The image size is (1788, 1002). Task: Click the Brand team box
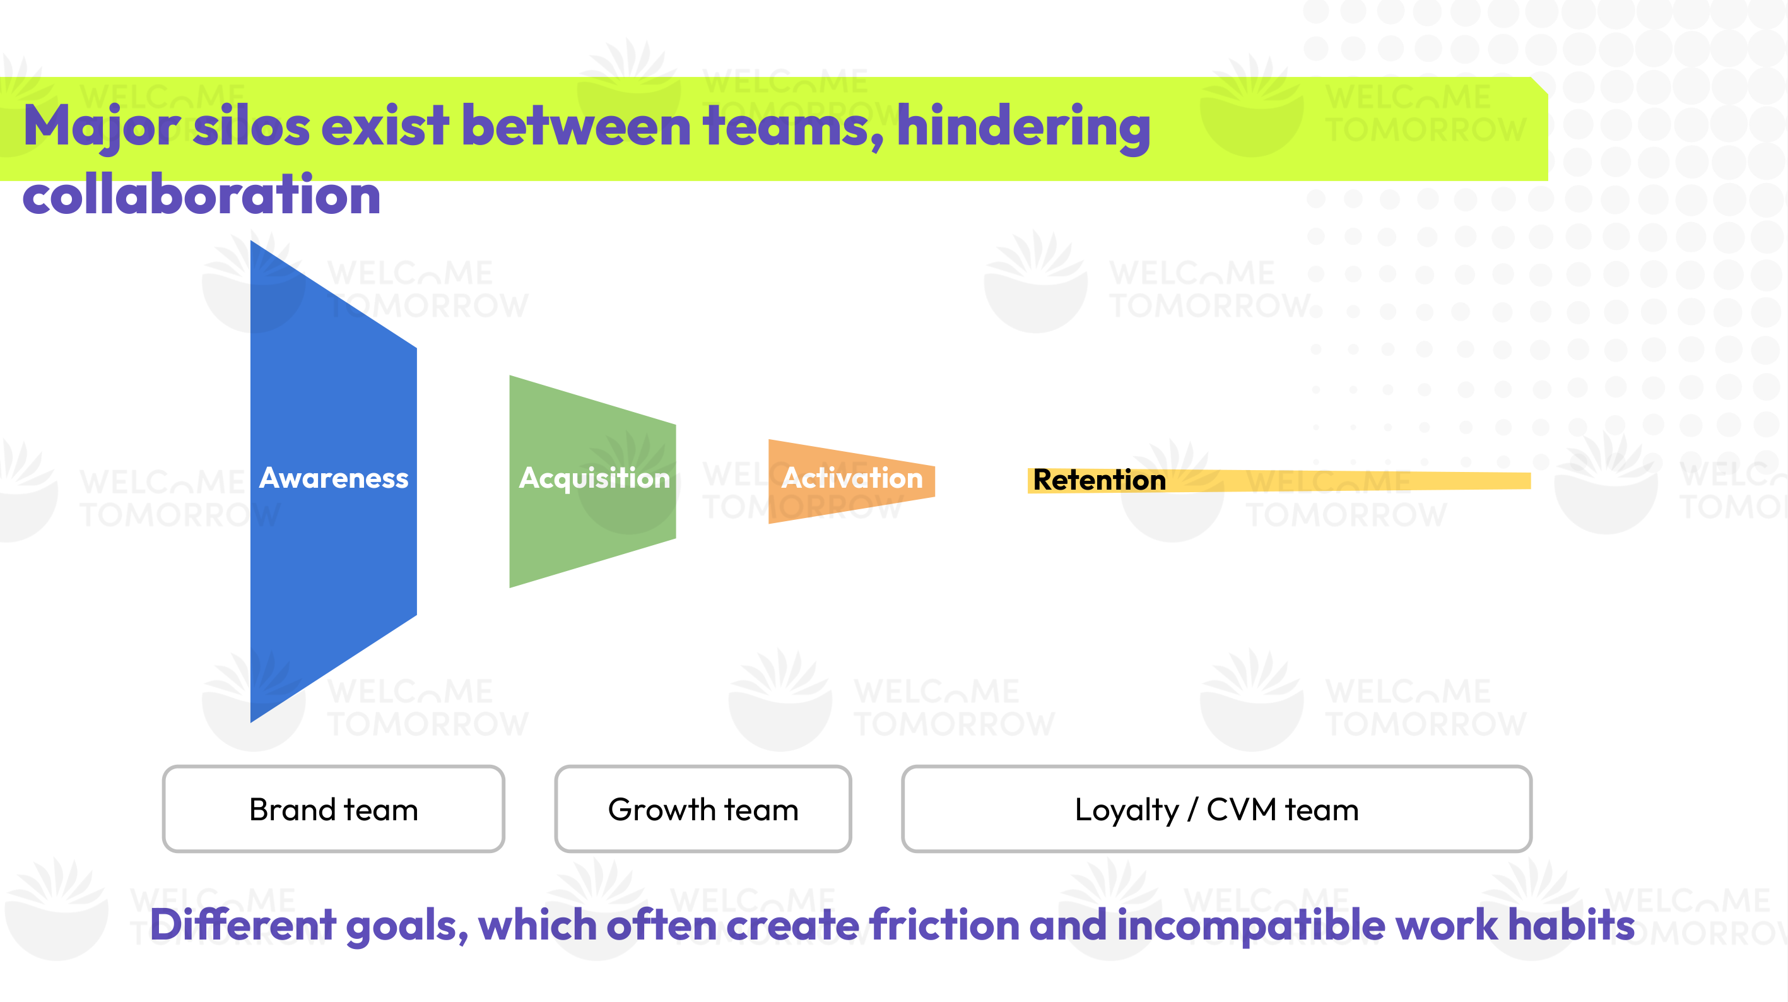333,809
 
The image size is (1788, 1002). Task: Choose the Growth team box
702,809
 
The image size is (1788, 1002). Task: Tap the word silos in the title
251,126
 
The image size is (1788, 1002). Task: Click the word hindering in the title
1024,126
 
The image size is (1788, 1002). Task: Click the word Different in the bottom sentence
243,925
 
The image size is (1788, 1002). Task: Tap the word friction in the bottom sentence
944,925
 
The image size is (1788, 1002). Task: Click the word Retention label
1099,480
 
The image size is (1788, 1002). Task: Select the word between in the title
575,126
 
